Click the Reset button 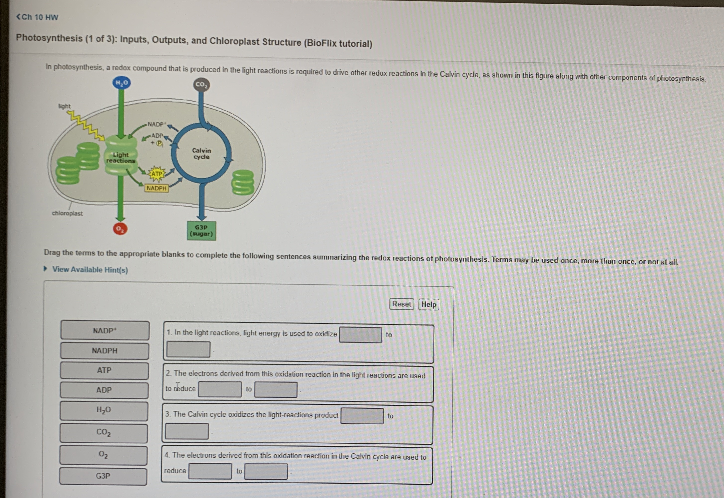[x=402, y=304]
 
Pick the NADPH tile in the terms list [x=105, y=351]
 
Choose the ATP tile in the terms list [x=104, y=370]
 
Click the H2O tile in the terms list [x=104, y=410]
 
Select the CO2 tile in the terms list [x=103, y=433]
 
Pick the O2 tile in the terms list [x=103, y=455]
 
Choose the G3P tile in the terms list [x=103, y=476]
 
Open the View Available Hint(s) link [x=90, y=270]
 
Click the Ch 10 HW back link [x=37, y=17]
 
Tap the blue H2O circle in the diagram [x=122, y=83]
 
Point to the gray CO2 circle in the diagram [x=201, y=85]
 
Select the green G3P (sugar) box [x=201, y=231]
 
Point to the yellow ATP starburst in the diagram [x=157, y=174]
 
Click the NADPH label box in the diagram [x=156, y=188]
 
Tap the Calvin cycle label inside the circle [x=201, y=154]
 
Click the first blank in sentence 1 [x=360, y=335]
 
